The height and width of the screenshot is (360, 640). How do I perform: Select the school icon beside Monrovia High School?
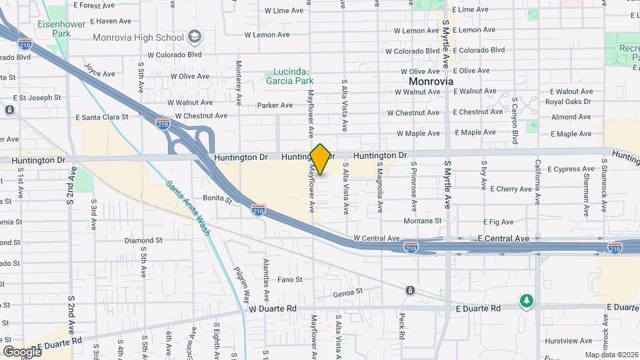[x=195, y=35]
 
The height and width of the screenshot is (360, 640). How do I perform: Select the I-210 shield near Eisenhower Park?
[x=25, y=45]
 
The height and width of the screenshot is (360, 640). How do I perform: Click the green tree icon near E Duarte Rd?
[x=527, y=301]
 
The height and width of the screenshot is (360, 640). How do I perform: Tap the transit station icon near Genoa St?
[x=409, y=290]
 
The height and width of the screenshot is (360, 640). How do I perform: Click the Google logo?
[x=22, y=351]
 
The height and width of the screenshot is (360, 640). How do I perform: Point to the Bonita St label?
[x=217, y=199]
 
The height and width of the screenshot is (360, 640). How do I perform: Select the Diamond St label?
[x=143, y=240]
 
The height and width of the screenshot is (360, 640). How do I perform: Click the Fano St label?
[x=290, y=279]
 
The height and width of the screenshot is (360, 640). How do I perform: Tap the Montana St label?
[x=422, y=221]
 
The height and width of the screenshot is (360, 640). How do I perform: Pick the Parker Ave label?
[x=275, y=105]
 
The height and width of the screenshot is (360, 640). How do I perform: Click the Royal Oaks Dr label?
[x=568, y=102]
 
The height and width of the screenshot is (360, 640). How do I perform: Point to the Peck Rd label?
[x=402, y=327]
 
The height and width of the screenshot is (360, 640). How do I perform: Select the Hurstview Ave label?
[x=559, y=341]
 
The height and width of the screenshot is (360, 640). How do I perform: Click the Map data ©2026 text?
[x=611, y=355]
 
